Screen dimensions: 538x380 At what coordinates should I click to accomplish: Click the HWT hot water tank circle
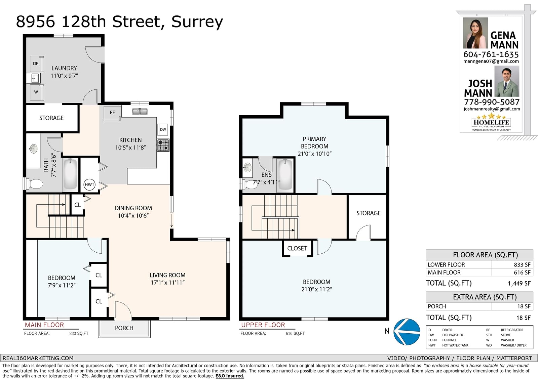point(89,184)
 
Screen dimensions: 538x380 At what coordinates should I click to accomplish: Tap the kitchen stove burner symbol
point(163,145)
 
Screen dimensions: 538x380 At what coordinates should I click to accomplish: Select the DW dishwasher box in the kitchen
point(163,129)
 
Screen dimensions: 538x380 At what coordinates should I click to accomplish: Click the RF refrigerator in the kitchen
point(112,113)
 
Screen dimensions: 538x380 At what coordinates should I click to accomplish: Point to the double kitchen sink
point(140,112)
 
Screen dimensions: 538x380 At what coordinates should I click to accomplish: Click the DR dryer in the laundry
point(37,64)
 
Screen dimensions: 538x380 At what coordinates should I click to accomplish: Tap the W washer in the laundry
point(37,92)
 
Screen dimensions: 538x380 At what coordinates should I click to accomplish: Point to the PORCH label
point(124,328)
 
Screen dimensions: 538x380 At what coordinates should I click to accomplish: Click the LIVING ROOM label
point(167,275)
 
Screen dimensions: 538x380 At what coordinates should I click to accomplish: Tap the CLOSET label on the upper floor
point(297,248)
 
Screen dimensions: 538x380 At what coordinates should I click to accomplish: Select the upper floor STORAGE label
point(369,213)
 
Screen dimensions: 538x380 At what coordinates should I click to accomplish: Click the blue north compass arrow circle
point(407,332)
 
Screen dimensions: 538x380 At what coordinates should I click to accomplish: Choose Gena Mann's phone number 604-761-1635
point(491,54)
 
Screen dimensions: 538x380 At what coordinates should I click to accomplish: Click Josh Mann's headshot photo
point(506,81)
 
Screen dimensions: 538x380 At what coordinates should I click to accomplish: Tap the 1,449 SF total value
point(519,284)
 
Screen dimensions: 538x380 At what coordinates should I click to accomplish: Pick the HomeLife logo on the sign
point(491,122)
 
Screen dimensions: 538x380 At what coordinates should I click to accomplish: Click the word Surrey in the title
point(197,22)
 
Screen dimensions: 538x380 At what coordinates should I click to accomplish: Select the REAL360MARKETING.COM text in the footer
point(38,358)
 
